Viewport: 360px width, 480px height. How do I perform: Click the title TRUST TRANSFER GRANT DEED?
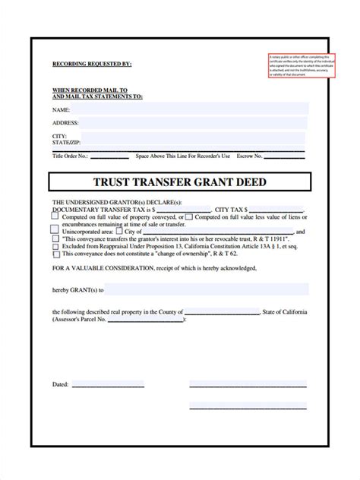180,183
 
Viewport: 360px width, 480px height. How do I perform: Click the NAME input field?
190,109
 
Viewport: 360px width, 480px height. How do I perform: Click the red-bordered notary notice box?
298,65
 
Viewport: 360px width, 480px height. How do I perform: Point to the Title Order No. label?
71,156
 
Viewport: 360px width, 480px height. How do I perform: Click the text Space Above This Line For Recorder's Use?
182,156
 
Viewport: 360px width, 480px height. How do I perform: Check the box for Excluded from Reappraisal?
55,247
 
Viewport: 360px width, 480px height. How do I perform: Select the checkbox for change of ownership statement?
55,254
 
